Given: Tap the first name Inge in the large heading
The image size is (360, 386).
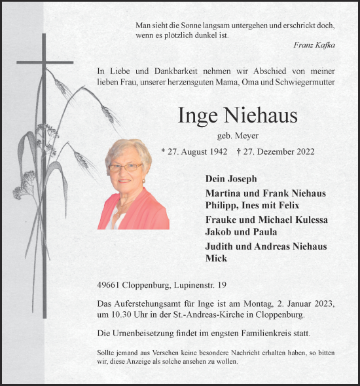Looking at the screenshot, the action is click(198, 116).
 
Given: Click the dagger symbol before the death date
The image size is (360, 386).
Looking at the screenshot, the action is click(238, 151).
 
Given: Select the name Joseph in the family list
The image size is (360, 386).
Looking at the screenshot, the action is click(242, 178).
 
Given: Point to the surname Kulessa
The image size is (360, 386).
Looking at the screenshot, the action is click(306, 219).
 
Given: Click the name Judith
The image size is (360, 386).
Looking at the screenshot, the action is click(221, 246).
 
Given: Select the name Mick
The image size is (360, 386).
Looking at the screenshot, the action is click(216, 258).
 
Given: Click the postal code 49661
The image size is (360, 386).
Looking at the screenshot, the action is click(109, 285).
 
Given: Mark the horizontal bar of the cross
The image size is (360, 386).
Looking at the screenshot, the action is click(45, 63).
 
